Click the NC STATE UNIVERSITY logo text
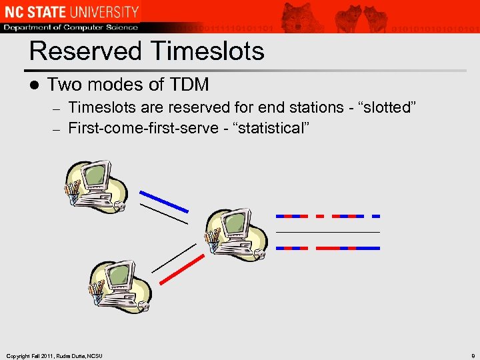71,11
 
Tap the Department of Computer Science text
71,27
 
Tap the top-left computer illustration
95,186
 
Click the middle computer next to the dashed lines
235,233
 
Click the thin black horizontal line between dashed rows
327,232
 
